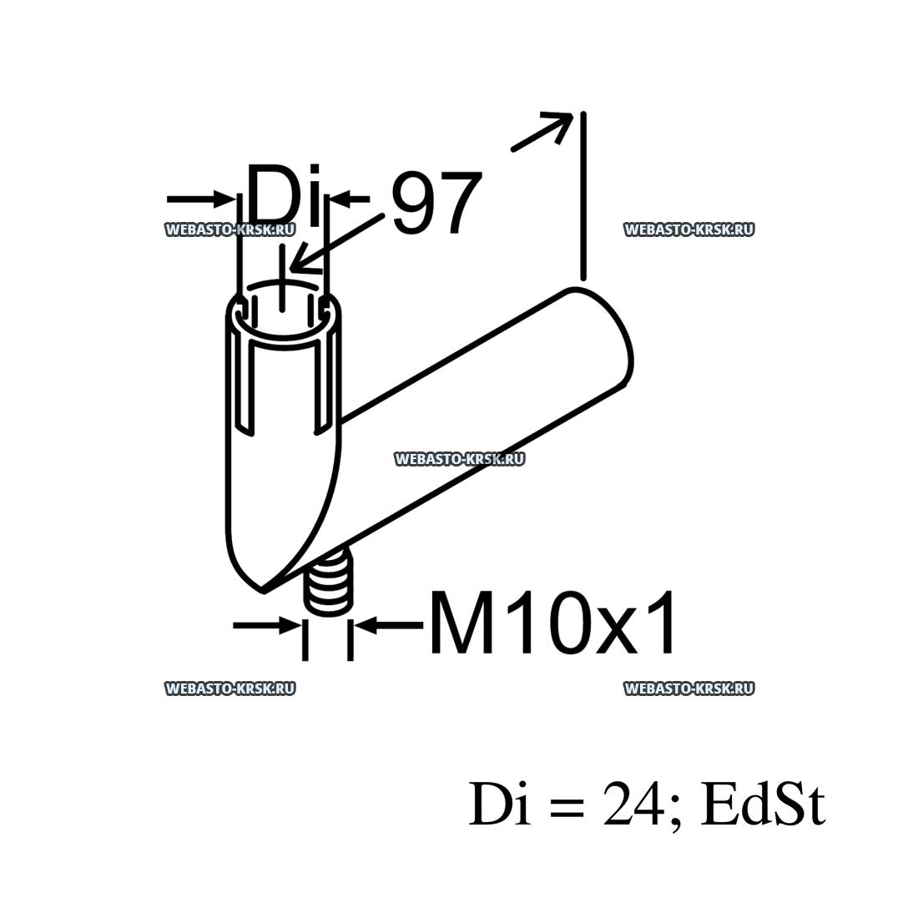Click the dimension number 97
[436, 203]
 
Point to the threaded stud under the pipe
[329, 583]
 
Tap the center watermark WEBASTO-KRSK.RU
[460, 459]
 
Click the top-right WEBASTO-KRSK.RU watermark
[689, 229]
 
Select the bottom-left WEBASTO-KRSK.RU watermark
[230, 688]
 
